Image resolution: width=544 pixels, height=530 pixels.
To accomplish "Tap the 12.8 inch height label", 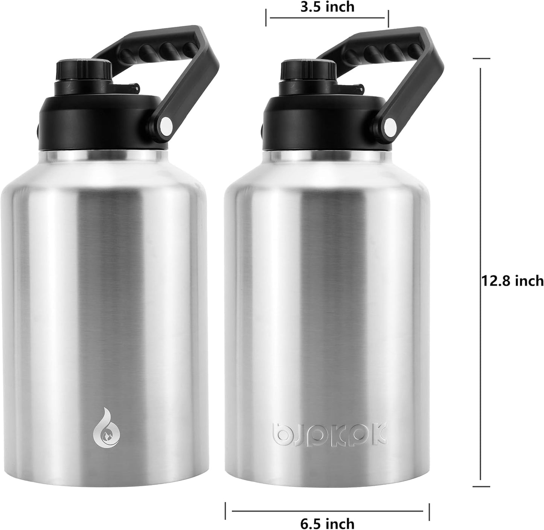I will (x=512, y=281).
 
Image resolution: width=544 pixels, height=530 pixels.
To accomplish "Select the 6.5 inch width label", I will (x=327, y=523).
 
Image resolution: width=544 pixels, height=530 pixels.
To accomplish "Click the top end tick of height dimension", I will (x=481, y=59).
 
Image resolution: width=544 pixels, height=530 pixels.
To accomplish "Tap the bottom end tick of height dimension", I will (x=481, y=487).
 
